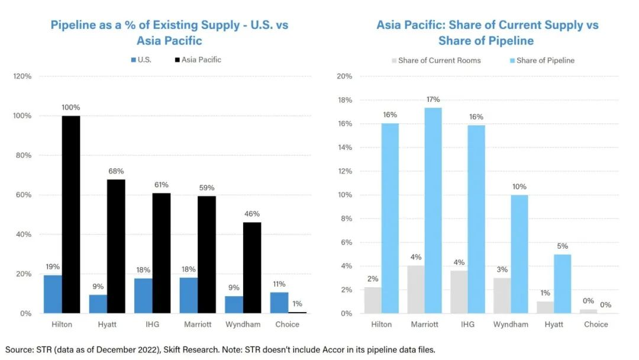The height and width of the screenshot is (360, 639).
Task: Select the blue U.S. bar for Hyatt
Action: coord(98,304)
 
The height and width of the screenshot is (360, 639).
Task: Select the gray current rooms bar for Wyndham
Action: coord(502,295)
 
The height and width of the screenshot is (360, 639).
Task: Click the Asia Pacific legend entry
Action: coord(201,60)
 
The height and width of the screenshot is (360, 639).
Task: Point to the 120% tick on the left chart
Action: coord(22,76)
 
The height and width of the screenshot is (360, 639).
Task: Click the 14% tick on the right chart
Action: coord(345,147)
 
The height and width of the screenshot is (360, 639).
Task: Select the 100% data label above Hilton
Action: coord(70,107)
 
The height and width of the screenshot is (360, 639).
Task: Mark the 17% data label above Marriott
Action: coord(433,99)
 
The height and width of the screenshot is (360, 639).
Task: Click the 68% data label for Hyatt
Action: coord(116,171)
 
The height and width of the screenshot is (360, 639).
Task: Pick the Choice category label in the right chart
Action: coord(596,324)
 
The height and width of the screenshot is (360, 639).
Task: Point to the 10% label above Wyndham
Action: coord(519,187)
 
